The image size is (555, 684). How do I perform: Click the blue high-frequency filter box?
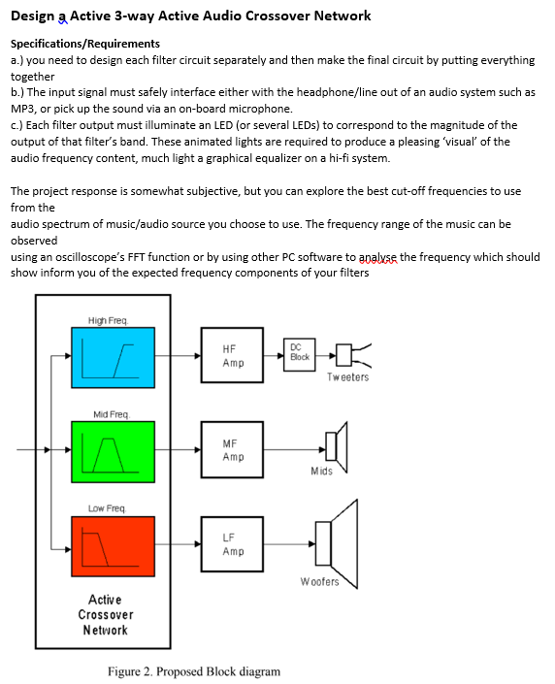tap(112, 356)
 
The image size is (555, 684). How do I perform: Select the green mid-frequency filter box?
tap(112, 451)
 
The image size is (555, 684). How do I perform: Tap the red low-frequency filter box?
tap(112, 545)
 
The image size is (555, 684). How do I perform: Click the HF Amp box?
tap(233, 356)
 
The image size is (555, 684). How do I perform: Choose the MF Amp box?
tap(233, 450)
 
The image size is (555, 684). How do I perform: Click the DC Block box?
tap(300, 353)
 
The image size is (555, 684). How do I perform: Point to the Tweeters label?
tap(347, 377)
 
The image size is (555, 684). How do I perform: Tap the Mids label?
tap(321, 472)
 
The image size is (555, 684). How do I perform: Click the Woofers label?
tap(319, 582)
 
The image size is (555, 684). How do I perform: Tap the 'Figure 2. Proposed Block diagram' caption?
tap(193, 671)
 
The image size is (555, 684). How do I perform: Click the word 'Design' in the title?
tap(33, 16)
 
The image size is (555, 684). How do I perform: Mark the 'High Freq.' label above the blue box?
tap(108, 320)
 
